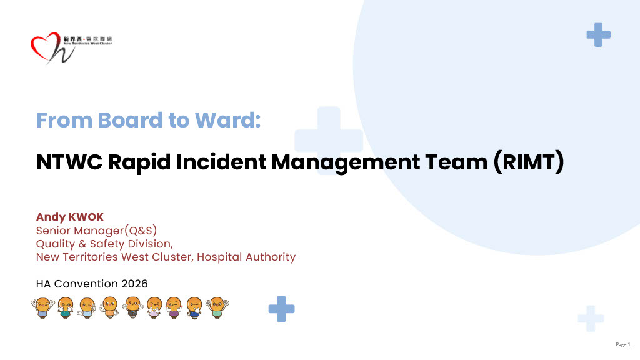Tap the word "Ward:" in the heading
coord(227,120)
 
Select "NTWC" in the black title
coord(69,162)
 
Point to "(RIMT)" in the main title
coord(529,162)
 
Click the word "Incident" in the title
coord(222,162)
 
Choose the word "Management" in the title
coord(346,162)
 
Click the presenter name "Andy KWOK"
coord(70,217)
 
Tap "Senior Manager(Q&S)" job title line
coord(96,231)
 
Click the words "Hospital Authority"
coord(246,257)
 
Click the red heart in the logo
coord(44,46)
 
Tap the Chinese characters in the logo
coord(87,39)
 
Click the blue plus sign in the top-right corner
coord(598,35)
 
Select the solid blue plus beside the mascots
coord(281,309)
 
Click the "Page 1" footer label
coord(623,344)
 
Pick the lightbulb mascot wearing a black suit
coord(132,307)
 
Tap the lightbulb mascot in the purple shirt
coord(174,307)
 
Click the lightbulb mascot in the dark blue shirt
coord(195,307)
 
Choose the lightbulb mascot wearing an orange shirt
coord(109,307)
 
